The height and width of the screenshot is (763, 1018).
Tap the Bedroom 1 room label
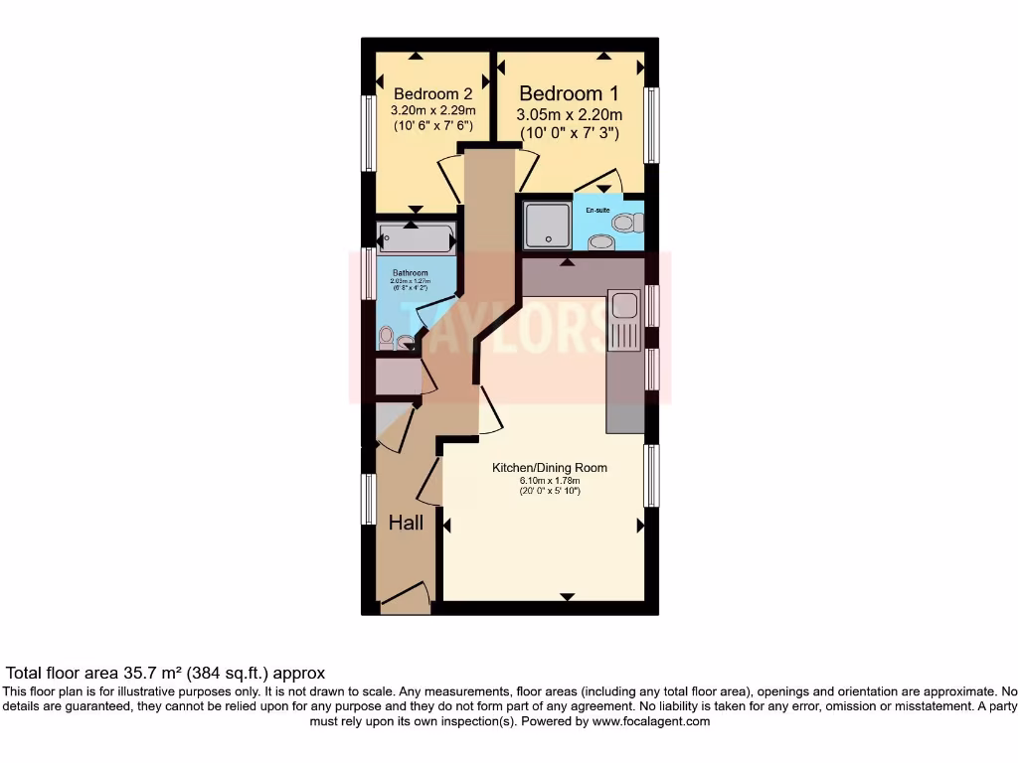(x=570, y=93)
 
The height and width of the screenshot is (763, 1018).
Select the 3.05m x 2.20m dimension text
(x=570, y=115)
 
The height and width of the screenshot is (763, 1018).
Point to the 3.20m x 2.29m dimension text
(x=432, y=110)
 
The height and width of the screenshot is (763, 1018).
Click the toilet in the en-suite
(x=625, y=222)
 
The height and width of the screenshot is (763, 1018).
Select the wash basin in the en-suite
(x=600, y=241)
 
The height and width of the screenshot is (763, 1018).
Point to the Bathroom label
(x=410, y=273)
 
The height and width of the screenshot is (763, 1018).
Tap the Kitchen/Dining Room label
(x=550, y=468)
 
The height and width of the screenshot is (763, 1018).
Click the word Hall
(x=406, y=523)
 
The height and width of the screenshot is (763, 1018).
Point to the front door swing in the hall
(x=406, y=596)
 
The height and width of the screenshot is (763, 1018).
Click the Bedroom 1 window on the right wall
(x=651, y=125)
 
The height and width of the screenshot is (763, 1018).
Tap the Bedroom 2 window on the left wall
(x=369, y=133)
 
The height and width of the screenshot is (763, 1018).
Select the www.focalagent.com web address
(x=650, y=721)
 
